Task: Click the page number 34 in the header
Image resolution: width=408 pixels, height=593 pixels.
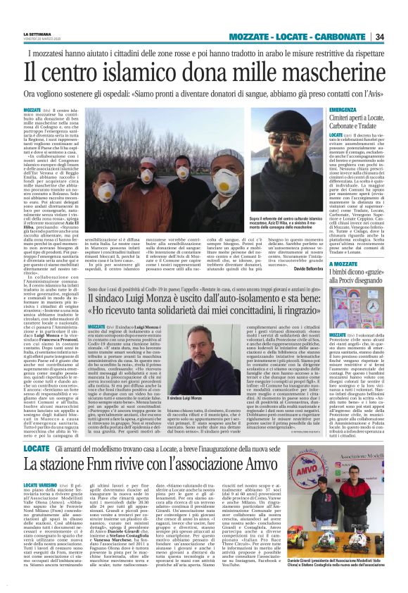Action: [398, 37]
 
